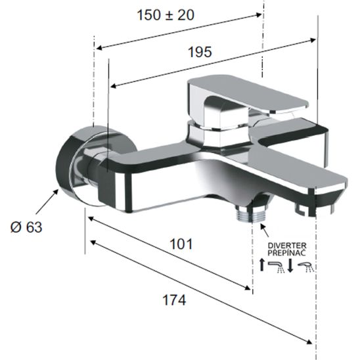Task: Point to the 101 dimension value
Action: point(179,244)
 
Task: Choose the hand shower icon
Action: point(307,267)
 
